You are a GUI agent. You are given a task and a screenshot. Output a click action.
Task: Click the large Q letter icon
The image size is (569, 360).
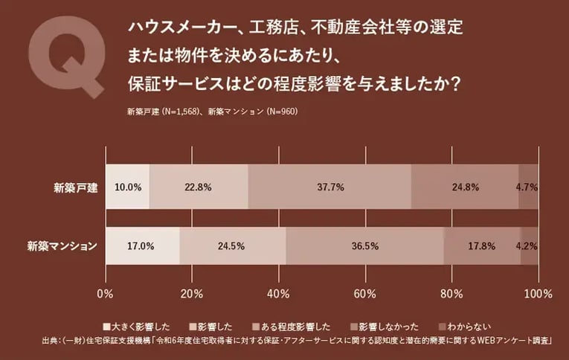click(65, 55)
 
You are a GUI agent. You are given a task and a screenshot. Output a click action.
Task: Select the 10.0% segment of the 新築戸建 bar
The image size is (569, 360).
click(127, 187)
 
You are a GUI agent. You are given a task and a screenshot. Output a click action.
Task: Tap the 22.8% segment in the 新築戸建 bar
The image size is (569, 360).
click(199, 187)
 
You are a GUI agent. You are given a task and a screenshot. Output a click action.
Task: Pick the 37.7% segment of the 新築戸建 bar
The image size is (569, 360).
click(329, 187)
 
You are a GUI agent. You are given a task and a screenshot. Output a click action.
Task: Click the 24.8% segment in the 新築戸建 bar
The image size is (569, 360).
click(465, 187)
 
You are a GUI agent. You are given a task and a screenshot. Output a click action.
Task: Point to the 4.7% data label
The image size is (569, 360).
click(527, 187)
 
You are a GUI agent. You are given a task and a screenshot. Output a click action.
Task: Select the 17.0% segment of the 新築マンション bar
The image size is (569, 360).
click(142, 245)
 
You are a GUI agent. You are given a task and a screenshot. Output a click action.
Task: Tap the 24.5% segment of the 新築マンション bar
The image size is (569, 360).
click(232, 245)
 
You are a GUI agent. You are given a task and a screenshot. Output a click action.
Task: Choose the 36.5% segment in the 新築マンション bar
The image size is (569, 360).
click(364, 245)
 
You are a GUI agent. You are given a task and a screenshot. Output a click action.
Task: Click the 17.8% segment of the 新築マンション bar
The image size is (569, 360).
click(481, 245)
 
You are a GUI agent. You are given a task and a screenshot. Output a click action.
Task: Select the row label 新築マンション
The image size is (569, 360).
click(62, 245)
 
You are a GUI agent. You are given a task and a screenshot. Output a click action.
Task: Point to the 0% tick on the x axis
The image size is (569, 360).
click(106, 293)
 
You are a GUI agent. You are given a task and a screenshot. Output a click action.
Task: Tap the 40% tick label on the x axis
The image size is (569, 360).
click(278, 293)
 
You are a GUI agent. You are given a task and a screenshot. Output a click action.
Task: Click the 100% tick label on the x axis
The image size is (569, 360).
click(537, 293)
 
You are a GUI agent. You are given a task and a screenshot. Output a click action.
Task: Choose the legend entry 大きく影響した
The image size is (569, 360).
click(141, 327)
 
